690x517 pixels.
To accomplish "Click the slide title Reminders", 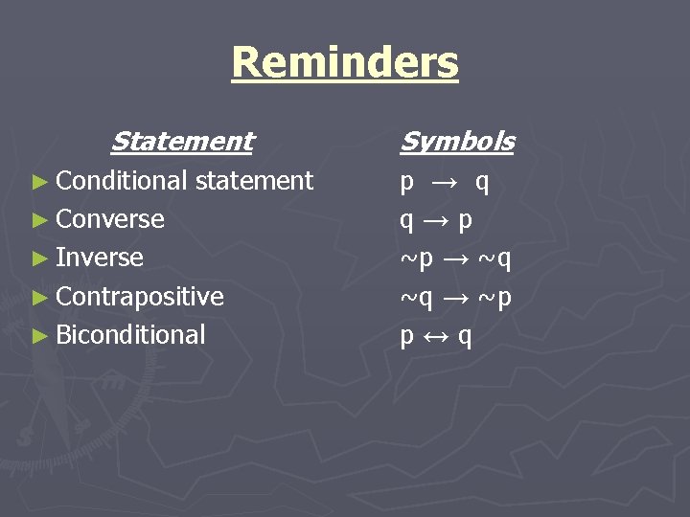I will click(345, 63).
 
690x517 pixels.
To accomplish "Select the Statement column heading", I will click(182, 142).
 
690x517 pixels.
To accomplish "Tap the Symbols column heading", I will click(456, 142).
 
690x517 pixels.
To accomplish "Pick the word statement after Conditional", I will click(253, 181).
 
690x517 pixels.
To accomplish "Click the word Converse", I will click(110, 219).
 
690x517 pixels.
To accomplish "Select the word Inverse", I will click(100, 258).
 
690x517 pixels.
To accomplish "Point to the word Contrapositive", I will click(140, 297).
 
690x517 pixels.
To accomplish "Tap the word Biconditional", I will click(130, 335).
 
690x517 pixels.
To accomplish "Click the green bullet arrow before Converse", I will click(39, 220).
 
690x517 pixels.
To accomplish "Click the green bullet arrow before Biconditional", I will click(39, 336).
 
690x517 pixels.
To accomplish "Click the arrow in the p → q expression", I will click(445, 182).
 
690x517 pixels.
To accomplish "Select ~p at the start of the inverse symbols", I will click(417, 258).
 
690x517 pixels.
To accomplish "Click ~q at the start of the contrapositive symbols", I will click(417, 298).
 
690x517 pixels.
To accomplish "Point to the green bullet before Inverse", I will click(39, 258).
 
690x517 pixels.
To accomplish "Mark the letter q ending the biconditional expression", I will click(465, 337).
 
